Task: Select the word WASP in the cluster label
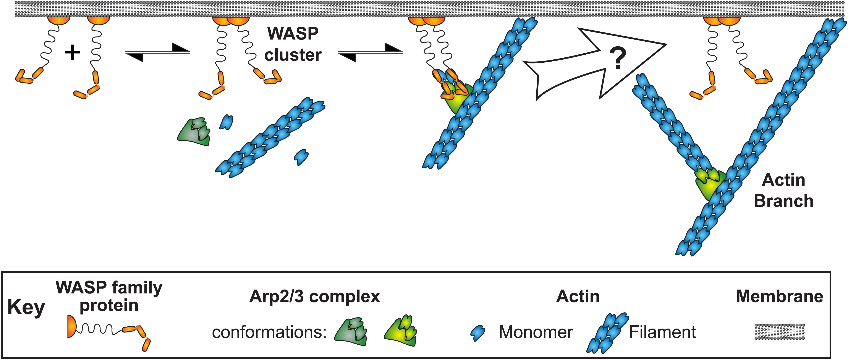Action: [x=293, y=34]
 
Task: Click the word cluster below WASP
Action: [x=293, y=55]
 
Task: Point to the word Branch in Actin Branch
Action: [x=783, y=201]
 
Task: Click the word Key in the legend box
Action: [x=26, y=308]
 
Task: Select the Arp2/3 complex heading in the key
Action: [x=314, y=296]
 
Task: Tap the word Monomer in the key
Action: [x=536, y=332]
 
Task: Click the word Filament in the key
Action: [x=662, y=332]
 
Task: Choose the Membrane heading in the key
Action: [x=779, y=296]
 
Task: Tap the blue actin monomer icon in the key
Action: [x=478, y=333]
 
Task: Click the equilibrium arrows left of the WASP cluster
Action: [x=158, y=53]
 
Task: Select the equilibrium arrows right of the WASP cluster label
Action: [x=370, y=53]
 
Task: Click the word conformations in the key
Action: [x=269, y=332]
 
